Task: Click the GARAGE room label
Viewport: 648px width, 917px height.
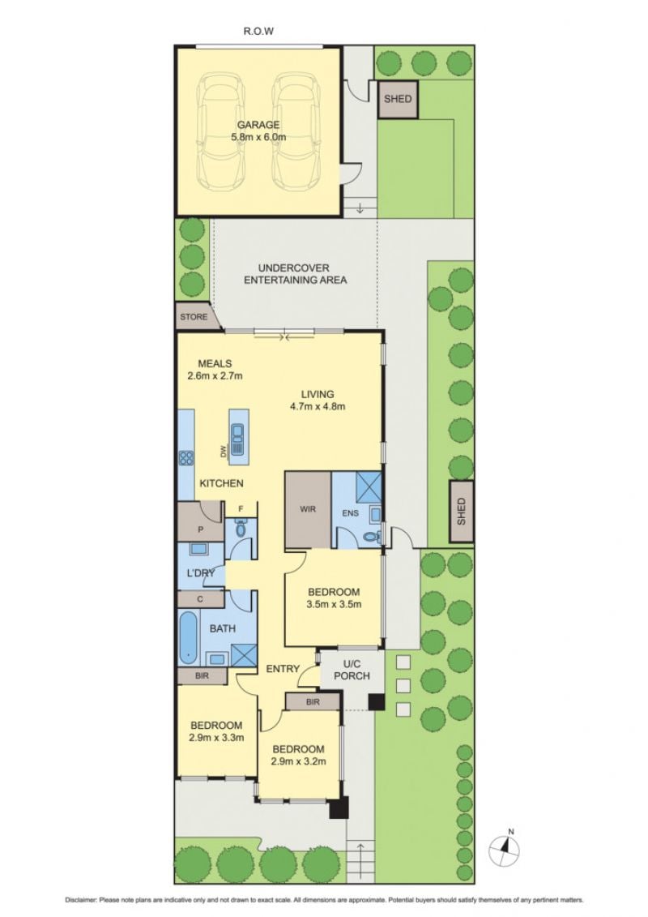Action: pos(258,125)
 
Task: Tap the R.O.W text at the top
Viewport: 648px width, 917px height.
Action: pos(258,31)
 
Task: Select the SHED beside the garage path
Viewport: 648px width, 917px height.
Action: pos(398,99)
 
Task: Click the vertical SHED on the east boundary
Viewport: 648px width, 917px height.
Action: pos(461,511)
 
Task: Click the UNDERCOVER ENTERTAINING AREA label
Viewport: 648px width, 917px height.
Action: pos(295,274)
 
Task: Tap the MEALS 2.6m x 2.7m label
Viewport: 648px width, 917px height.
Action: pos(215,370)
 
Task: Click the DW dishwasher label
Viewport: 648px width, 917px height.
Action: pos(223,451)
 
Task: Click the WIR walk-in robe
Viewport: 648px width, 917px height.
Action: pos(308,509)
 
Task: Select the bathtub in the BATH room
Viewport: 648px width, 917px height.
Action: pos(189,637)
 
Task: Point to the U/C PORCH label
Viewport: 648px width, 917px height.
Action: pos(352,671)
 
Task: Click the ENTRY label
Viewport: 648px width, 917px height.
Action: pos(283,668)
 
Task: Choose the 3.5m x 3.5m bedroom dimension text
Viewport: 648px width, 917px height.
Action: pos(334,604)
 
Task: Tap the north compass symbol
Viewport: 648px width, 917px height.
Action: pos(505,847)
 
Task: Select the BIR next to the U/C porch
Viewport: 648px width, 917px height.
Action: pos(313,702)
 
